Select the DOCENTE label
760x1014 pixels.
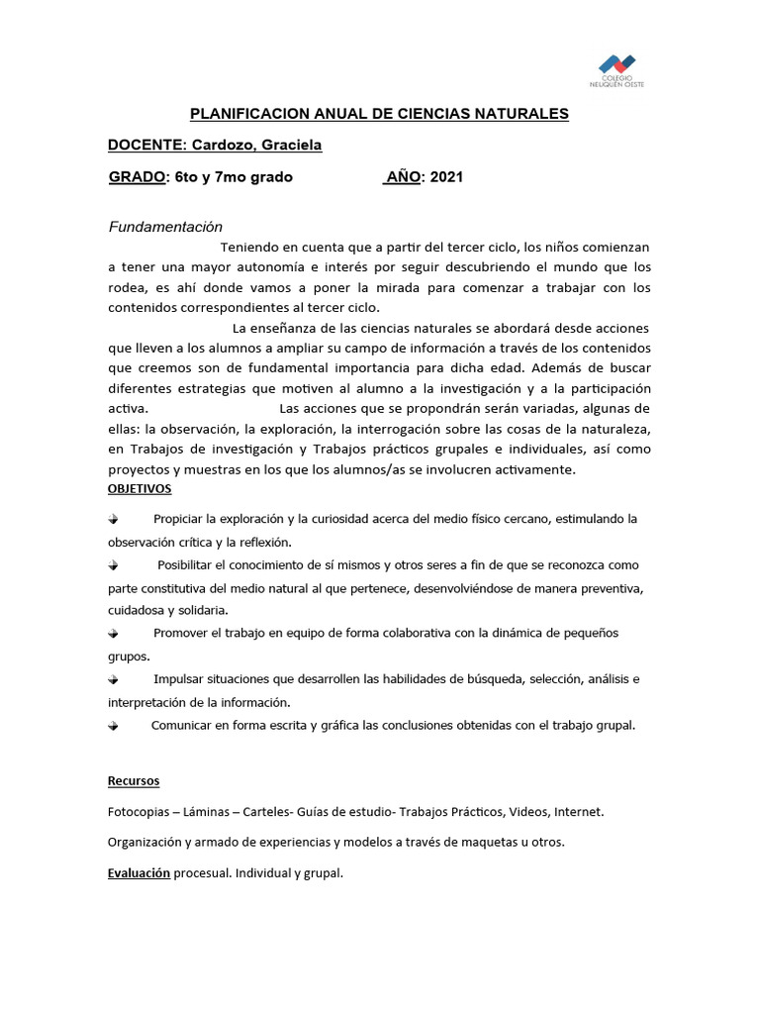[x=147, y=146]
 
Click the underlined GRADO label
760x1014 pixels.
[x=137, y=177]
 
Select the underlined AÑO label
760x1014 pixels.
[x=403, y=177]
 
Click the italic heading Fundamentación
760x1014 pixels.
[x=165, y=227]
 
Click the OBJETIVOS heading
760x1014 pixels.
[x=140, y=489]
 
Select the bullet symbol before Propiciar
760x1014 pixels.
[x=113, y=519]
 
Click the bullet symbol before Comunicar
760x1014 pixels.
[x=113, y=726]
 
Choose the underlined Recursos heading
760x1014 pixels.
[x=134, y=781]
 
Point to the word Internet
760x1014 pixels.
[x=578, y=812]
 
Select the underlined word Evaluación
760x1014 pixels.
[x=140, y=874]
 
